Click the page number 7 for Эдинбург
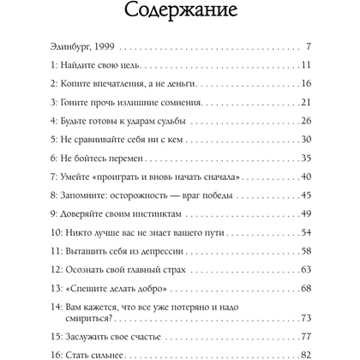[307, 45]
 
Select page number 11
[304, 65]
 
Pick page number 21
[303, 104]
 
